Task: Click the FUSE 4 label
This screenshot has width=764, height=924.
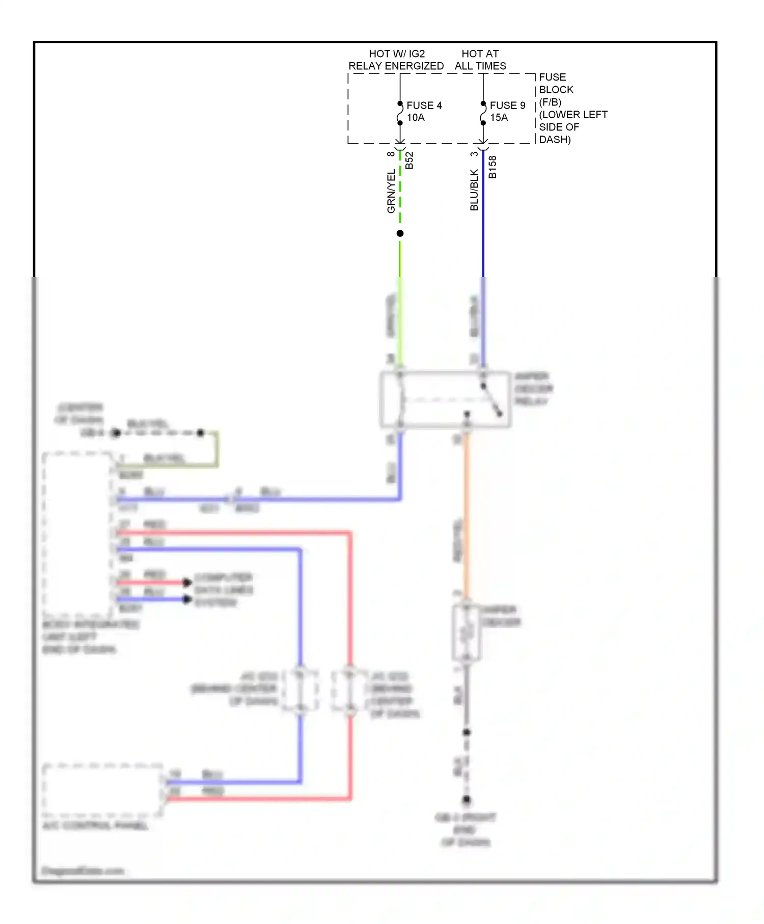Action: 424,105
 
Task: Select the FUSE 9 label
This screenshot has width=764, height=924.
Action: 507,105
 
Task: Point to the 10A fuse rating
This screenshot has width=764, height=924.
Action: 416,118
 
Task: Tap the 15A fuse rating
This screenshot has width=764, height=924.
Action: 499,118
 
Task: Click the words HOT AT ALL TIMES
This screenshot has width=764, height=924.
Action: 480,60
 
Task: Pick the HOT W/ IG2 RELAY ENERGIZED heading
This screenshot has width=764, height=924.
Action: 396,60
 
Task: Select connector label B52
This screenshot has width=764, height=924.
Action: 410,160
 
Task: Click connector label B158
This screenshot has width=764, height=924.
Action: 493,167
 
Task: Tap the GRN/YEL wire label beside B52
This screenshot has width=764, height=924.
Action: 391,191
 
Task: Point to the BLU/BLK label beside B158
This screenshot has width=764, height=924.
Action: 474,190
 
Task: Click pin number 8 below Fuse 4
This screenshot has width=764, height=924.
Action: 391,154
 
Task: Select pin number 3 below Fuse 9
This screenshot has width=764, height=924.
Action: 474,154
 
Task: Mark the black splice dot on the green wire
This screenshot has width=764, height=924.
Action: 400,233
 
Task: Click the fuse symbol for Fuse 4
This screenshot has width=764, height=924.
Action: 400,113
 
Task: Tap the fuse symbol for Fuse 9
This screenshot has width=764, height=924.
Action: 483,113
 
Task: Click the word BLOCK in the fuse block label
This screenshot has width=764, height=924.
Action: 556,90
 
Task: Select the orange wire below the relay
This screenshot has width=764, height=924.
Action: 466,514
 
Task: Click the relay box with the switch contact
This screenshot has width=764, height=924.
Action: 445,399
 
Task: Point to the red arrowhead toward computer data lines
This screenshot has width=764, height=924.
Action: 187,582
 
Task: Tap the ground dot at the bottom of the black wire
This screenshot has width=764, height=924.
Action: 467,800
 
